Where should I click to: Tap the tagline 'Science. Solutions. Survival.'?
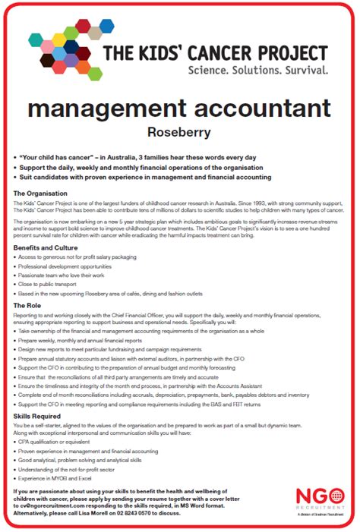[x=259, y=69]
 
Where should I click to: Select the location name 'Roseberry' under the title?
[x=179, y=131]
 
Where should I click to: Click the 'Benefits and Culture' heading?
[x=46, y=247]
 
